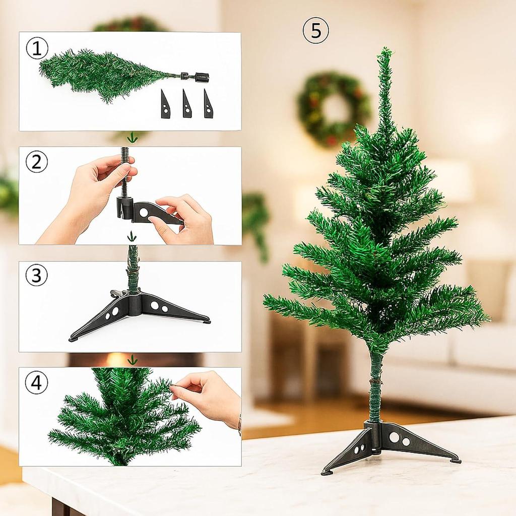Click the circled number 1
37,48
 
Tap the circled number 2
37,162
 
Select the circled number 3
37,275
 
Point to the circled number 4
36,383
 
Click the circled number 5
315,30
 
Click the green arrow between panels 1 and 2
132,137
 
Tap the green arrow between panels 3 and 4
133,360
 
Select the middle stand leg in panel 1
187,104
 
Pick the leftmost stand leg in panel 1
165,104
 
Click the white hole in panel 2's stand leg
144,212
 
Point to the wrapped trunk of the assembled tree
375,388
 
